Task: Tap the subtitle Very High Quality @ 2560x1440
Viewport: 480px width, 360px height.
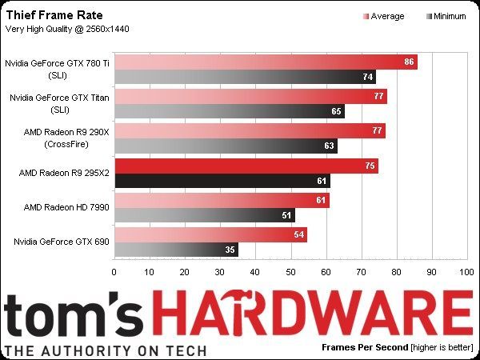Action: pyautogui.click(x=68, y=30)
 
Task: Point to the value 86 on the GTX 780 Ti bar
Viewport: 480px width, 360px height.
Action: pyautogui.click(x=410, y=62)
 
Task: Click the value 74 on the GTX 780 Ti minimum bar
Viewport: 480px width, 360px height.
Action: pyautogui.click(x=367, y=77)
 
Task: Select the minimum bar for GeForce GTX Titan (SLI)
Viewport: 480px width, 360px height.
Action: pyautogui.click(x=229, y=111)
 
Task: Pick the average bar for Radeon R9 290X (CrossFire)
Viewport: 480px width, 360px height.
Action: pyautogui.click(x=250, y=130)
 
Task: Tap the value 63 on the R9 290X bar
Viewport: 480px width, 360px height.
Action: pyautogui.click(x=329, y=146)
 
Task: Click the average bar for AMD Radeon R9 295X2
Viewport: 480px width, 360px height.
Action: pyautogui.click(x=246, y=166)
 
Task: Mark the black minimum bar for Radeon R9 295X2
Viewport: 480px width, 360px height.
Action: pyautogui.click(x=222, y=181)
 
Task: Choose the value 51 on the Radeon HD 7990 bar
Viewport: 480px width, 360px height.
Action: pyautogui.click(x=286, y=215)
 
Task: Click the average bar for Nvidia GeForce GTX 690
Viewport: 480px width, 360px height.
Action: pyautogui.click(x=210, y=234)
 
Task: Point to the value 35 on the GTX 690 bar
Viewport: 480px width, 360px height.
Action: pyautogui.click(x=230, y=250)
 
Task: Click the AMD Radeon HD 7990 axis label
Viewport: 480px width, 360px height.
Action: pyautogui.click(x=60, y=207)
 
